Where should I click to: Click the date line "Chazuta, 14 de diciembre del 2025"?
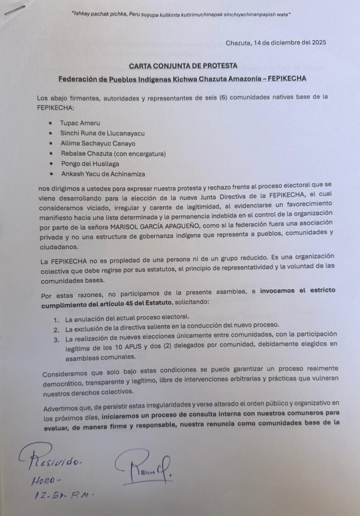click(276, 43)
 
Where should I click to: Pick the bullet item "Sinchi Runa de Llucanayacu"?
click(102, 133)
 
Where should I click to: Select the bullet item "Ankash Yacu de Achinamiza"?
click(102, 174)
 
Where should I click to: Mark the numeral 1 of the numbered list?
click(56, 316)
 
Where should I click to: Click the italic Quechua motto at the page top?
click(182, 14)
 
